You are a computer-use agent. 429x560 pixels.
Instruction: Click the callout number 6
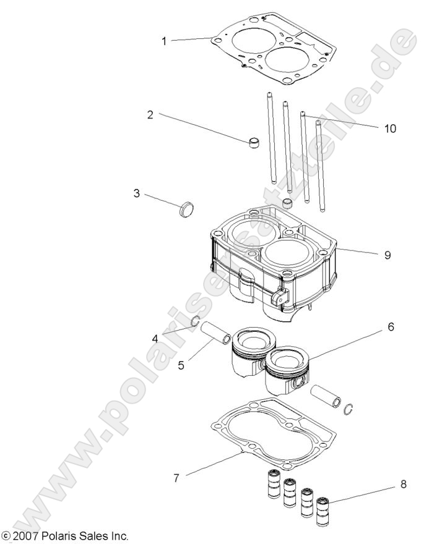pyautogui.click(x=391, y=326)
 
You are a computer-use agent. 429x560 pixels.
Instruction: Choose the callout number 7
pyautogui.click(x=178, y=478)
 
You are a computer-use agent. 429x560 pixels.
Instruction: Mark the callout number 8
pyautogui.click(x=404, y=485)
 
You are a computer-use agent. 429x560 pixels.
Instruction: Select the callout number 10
pyautogui.click(x=390, y=129)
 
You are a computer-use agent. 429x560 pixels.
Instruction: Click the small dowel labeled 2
pyautogui.click(x=253, y=143)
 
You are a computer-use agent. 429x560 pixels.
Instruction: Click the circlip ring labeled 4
pyautogui.click(x=194, y=320)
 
